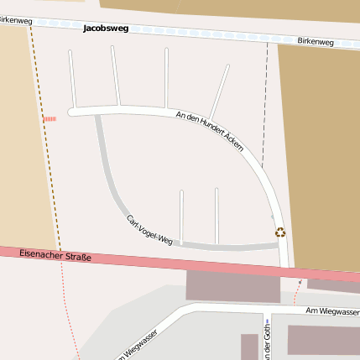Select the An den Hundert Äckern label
pyautogui.click(x=210, y=131)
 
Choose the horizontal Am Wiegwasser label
pyautogui.click(x=332, y=311)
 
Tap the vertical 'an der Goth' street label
pyautogui.click(x=267, y=344)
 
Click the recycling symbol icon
pyautogui.click(x=280, y=232)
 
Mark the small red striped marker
pyautogui.click(x=50, y=119)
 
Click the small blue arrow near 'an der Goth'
pyautogui.click(x=267, y=321)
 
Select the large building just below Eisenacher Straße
pyautogui.click(x=232, y=286)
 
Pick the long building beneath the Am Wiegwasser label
pyautogui.click(x=323, y=340)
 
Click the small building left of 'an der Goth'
pyautogui.click(x=249, y=347)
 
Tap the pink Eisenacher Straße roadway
pyautogui.click(x=168, y=261)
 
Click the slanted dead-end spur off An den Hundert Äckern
pyautogui.click(x=221, y=91)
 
